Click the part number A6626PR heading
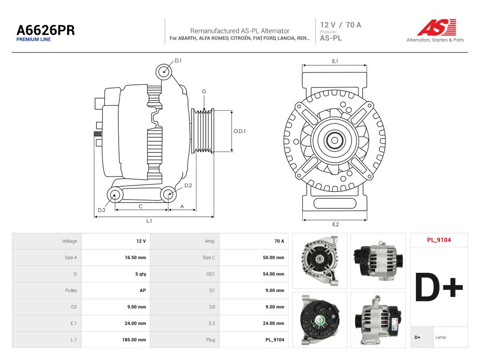point(46,30)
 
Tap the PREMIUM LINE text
point(33,40)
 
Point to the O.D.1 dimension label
point(240,131)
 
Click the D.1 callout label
point(178,60)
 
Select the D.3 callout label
point(101,210)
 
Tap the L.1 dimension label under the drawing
point(149,221)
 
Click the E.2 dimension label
point(336,224)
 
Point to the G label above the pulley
point(204,92)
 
